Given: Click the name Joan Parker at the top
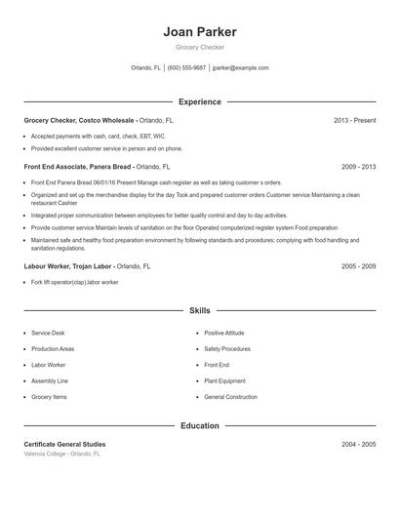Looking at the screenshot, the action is tap(199, 31).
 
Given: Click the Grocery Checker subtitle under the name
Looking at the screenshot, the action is tap(199, 47).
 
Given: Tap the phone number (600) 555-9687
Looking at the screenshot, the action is tap(186, 68).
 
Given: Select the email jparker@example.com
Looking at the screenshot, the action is tap(240, 68).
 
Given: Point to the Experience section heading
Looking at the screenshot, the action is tap(199, 101).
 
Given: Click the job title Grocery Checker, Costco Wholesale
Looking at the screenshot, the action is tap(80, 120).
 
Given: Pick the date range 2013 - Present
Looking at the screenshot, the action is tap(354, 120).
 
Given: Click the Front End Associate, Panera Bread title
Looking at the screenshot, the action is tap(77, 167).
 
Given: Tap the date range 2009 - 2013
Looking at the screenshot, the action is tap(358, 167).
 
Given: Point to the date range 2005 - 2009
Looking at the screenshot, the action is tap(358, 265).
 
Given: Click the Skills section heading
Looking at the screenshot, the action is tap(199, 310).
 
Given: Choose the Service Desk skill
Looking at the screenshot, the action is tap(48, 333).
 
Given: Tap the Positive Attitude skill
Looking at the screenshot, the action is tap(224, 333).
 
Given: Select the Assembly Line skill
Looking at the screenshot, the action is tap(50, 380).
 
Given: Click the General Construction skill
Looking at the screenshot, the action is tap(230, 397).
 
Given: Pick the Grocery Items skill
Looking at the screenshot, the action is tap(49, 397).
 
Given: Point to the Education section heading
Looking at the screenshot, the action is tap(199, 425).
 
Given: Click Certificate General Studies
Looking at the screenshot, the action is tap(64, 444).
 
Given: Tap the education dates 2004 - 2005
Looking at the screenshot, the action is tap(358, 444).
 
